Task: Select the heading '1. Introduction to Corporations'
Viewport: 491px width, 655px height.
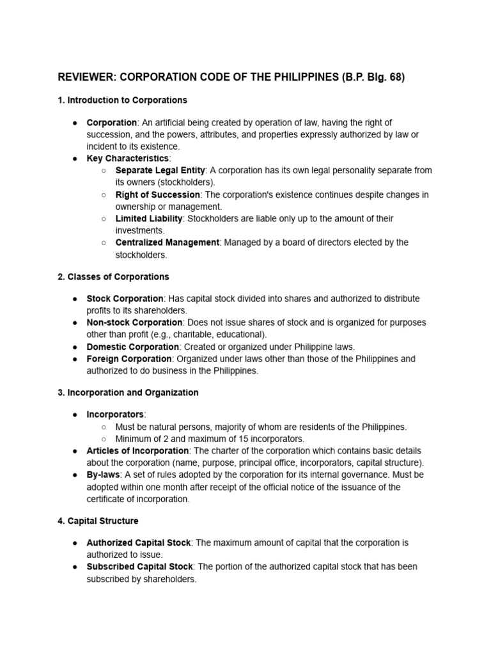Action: (x=122, y=100)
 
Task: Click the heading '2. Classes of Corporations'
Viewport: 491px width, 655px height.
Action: (x=113, y=277)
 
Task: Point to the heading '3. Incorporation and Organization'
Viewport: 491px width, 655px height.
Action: (x=128, y=393)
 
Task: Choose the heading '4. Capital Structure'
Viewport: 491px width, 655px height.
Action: (x=98, y=521)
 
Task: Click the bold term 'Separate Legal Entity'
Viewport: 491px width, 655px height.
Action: (x=160, y=170)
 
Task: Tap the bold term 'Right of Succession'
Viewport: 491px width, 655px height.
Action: (x=157, y=194)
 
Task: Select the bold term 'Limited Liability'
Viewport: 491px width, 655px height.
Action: (x=149, y=219)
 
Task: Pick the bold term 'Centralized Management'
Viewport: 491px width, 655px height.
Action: (x=168, y=242)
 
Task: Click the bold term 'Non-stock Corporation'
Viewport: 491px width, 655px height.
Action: (x=134, y=322)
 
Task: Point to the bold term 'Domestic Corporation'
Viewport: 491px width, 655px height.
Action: (x=132, y=347)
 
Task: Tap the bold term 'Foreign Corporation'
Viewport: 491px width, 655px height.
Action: (x=129, y=359)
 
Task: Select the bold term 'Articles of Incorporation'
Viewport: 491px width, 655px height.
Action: (x=137, y=451)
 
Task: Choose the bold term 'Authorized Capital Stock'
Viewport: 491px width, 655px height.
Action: (x=138, y=542)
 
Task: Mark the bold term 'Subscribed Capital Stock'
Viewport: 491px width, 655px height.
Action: (x=138, y=567)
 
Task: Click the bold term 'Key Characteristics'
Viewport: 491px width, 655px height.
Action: (x=127, y=158)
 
